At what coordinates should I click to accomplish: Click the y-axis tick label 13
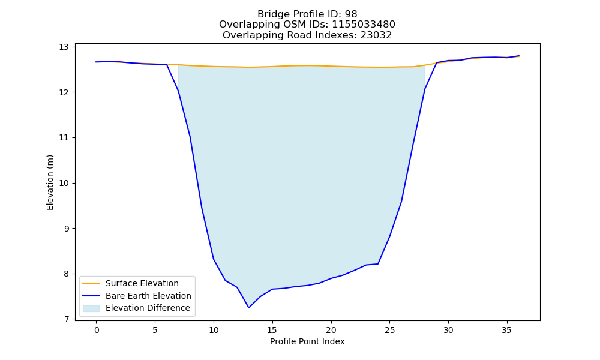(64, 47)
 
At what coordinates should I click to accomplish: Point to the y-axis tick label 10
(64, 183)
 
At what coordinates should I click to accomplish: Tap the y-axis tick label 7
(66, 319)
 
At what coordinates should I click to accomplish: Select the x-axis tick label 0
(97, 330)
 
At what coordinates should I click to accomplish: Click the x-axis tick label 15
(272, 330)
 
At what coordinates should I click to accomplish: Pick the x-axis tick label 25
(389, 330)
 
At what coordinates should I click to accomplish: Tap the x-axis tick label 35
(506, 330)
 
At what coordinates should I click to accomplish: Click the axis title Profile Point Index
(307, 341)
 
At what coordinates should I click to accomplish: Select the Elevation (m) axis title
(50, 182)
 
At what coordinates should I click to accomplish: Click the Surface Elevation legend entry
(142, 283)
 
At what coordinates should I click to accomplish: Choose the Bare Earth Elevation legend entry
(148, 296)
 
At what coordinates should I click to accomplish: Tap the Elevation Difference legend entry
(148, 308)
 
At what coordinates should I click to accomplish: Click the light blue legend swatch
(91, 308)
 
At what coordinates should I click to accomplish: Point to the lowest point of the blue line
(249, 308)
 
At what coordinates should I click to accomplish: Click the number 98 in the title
(351, 14)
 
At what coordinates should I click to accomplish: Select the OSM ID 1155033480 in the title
(364, 25)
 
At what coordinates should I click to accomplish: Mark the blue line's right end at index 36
(519, 56)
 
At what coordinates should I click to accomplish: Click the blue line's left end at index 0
(96, 62)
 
